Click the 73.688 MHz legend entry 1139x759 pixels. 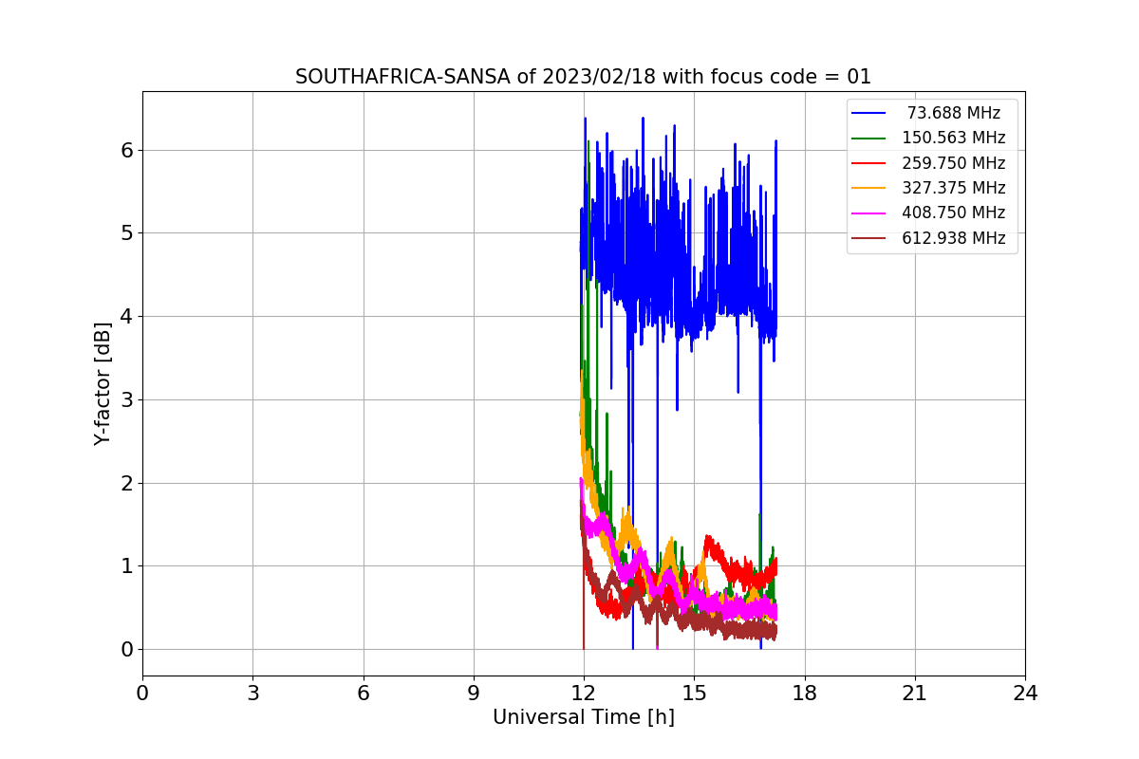coord(953,113)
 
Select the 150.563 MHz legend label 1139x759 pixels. coord(953,138)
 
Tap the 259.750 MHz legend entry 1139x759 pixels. coord(953,163)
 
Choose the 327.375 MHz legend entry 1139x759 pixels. coord(953,188)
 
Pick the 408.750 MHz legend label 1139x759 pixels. coord(953,213)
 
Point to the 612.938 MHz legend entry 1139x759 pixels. coord(953,238)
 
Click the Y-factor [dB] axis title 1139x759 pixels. coord(103,383)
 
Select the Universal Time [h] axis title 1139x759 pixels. coord(583,718)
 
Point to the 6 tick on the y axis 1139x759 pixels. coord(126,150)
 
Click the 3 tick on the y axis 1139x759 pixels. coord(126,399)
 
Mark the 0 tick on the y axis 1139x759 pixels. coord(126,650)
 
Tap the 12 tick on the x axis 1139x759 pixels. coord(584,694)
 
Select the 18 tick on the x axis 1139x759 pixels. coord(804,694)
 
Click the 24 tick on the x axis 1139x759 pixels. coord(1025,694)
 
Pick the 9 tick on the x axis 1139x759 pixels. coord(474,694)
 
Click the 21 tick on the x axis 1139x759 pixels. coord(914,694)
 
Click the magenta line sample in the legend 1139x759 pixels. coord(868,213)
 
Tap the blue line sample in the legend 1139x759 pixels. coord(868,113)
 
